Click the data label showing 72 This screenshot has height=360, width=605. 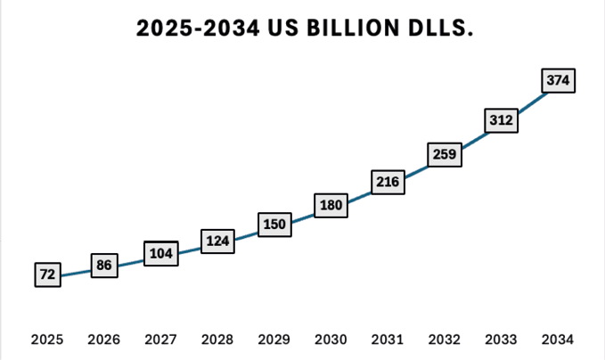[48, 275]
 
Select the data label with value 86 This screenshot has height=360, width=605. [104, 265]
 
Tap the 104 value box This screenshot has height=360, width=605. [161, 253]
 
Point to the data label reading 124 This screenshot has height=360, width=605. [217, 241]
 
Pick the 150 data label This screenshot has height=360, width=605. [274, 224]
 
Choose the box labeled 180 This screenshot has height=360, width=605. [331, 206]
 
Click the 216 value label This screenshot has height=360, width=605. [388, 183]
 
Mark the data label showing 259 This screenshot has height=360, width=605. [445, 154]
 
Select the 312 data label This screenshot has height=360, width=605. [502, 120]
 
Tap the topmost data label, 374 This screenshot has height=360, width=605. [559, 81]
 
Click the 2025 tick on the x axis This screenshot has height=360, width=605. [47, 340]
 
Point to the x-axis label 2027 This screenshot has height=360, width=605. [161, 340]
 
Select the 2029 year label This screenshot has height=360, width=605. [274, 340]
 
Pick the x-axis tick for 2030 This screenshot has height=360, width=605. [331, 340]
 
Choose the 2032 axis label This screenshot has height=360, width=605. [445, 340]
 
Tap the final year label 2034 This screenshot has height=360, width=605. [559, 340]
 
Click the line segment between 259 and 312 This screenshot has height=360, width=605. [473, 137]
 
